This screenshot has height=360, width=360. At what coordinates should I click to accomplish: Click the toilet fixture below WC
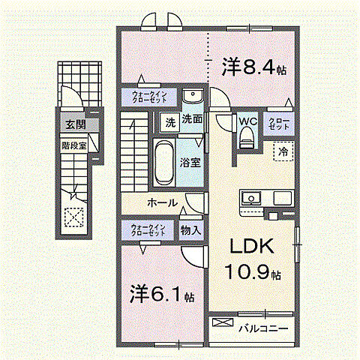point(247,138)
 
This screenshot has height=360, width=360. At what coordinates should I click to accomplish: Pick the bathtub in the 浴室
point(163,160)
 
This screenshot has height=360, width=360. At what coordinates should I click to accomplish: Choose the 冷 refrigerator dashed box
point(283,151)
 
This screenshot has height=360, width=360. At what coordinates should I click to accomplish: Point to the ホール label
point(162,203)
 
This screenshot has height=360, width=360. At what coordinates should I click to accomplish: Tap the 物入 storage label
point(190,230)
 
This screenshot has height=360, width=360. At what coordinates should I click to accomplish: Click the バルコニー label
point(263,328)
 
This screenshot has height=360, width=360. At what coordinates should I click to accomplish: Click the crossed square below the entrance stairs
point(74,217)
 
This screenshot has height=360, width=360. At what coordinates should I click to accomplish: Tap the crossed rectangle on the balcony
point(223,323)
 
